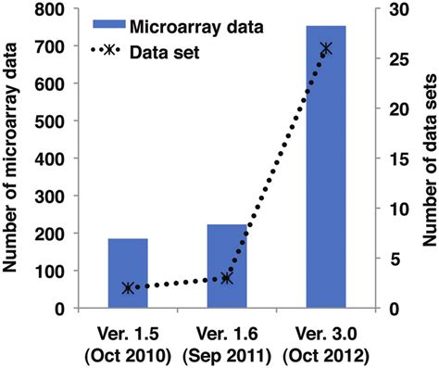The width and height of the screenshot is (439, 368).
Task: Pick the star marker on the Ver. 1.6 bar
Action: pyautogui.click(x=227, y=278)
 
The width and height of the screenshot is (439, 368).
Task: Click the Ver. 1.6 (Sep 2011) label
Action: pyautogui.click(x=227, y=343)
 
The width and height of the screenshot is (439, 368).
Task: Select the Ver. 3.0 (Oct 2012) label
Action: pyautogui.click(x=326, y=343)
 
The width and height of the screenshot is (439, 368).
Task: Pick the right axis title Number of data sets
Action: pyautogui.click(x=428, y=158)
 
